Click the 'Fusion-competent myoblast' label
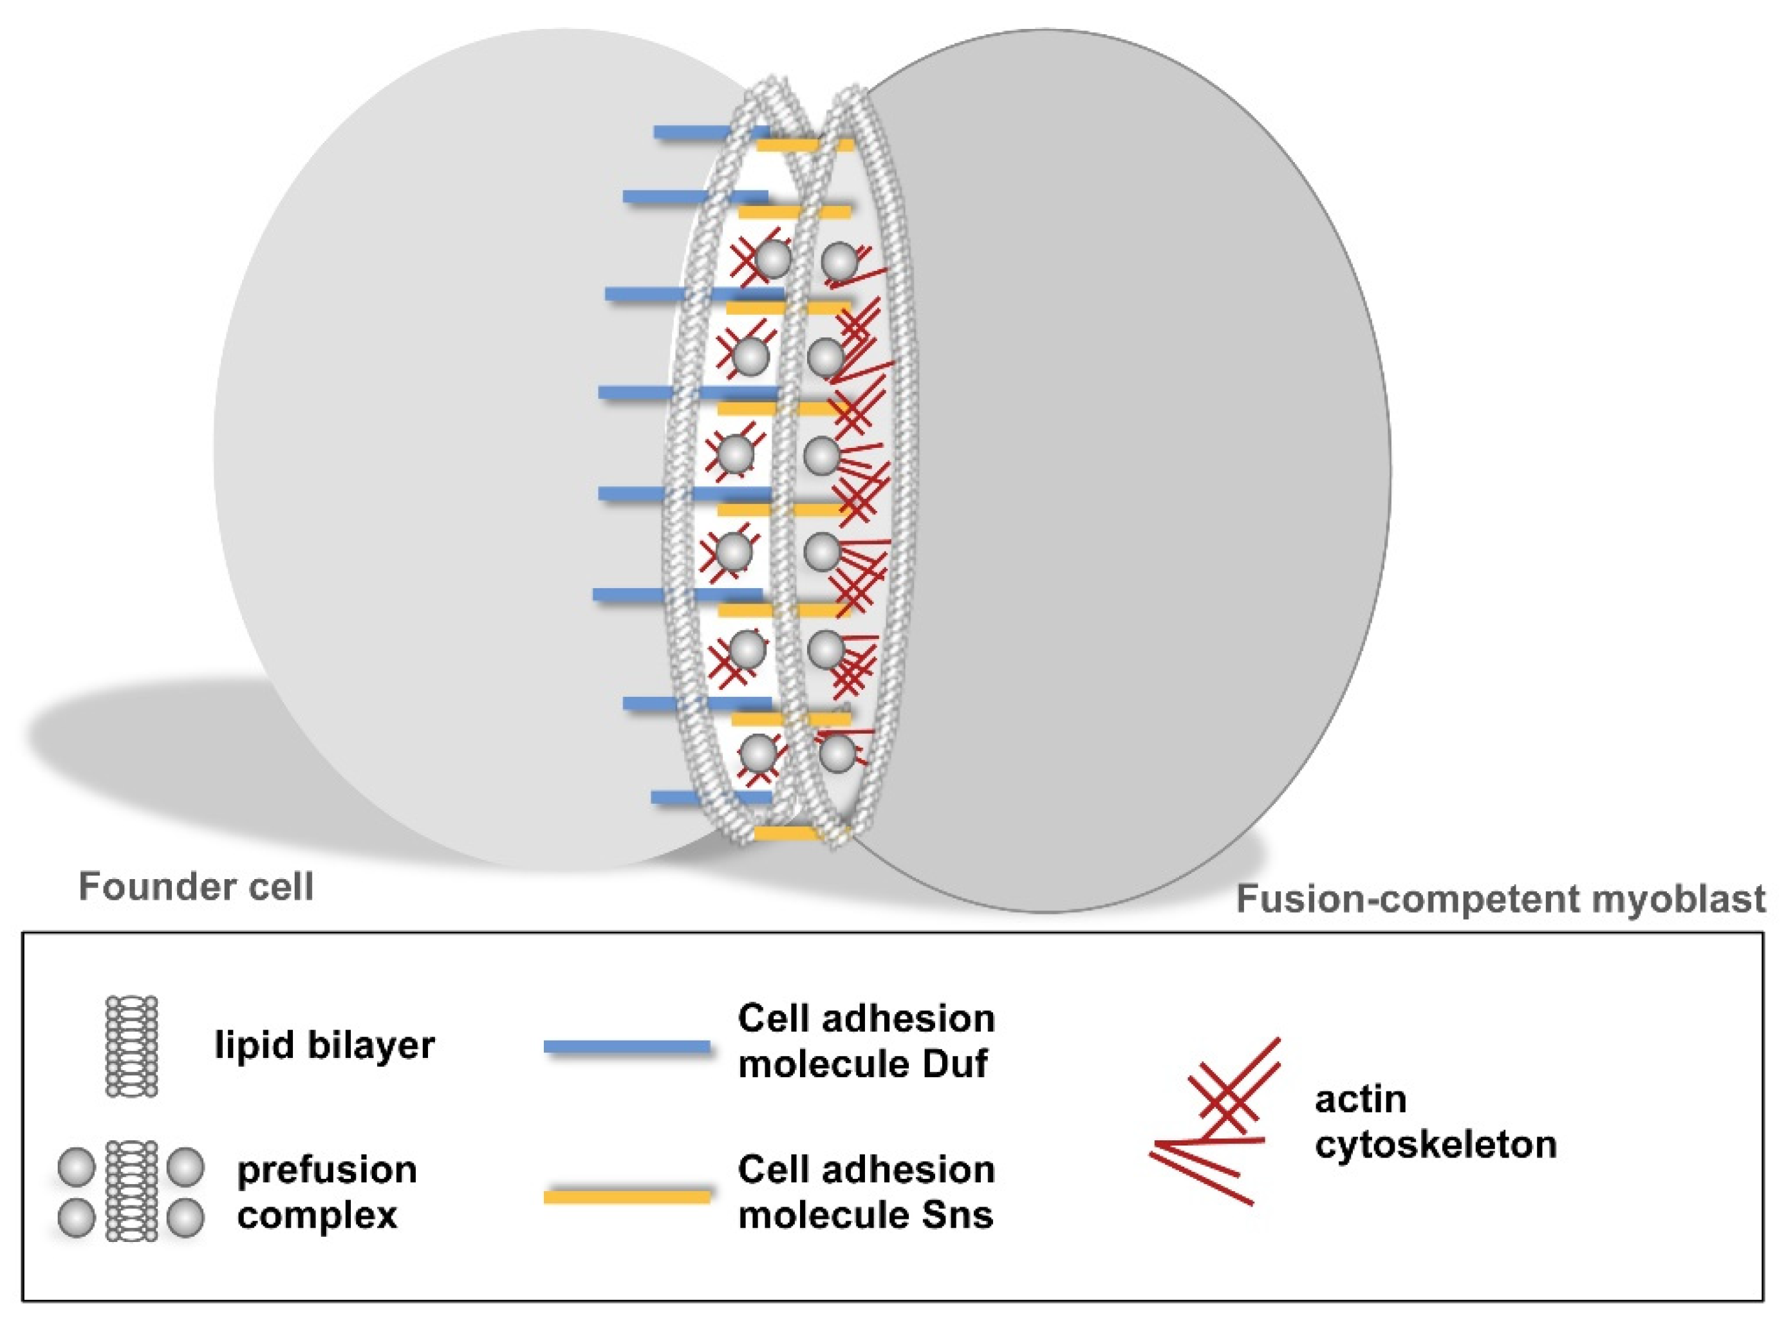(1500, 899)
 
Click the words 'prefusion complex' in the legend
(326, 1192)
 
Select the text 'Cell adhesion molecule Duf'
(866, 1041)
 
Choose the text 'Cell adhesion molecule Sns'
(866, 1192)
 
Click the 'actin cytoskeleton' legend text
(1435, 1121)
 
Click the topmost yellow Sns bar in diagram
(802, 145)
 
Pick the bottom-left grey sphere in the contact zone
(759, 753)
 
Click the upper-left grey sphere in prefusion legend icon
(77, 1167)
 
